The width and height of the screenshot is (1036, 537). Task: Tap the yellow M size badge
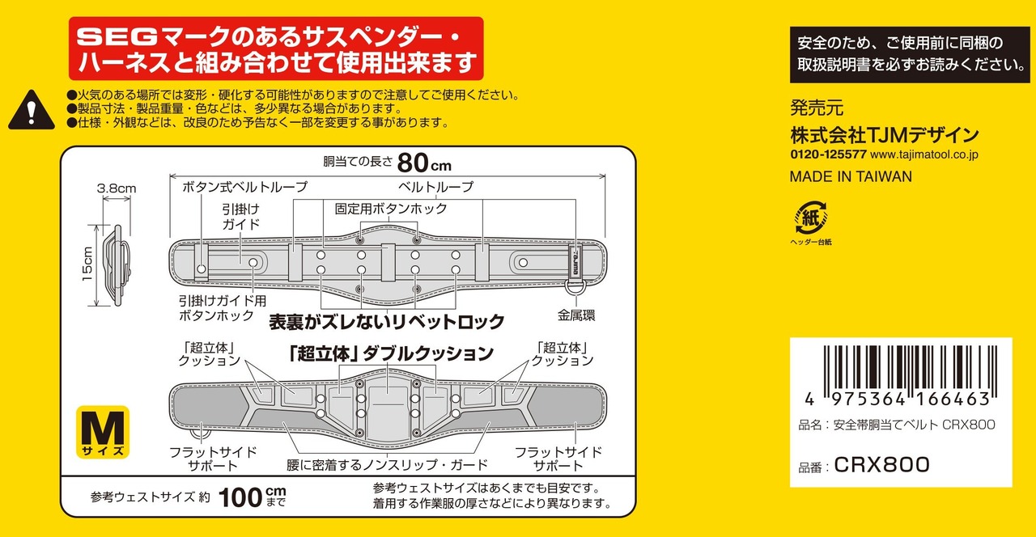[103, 429]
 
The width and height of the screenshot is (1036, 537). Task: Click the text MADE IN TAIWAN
[850, 176]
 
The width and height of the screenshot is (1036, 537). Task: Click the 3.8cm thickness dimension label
[117, 188]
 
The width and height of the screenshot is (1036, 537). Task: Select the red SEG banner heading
[275, 49]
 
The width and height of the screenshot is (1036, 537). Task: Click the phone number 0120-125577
[828, 154]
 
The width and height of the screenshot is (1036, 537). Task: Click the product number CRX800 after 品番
[881, 464]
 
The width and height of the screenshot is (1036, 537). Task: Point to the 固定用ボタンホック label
[390, 209]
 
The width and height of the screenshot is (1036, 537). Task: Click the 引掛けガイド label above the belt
[240, 215]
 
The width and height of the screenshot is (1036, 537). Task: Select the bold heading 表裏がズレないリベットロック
[387, 321]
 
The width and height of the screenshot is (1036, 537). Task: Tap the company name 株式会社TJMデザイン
[884, 133]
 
